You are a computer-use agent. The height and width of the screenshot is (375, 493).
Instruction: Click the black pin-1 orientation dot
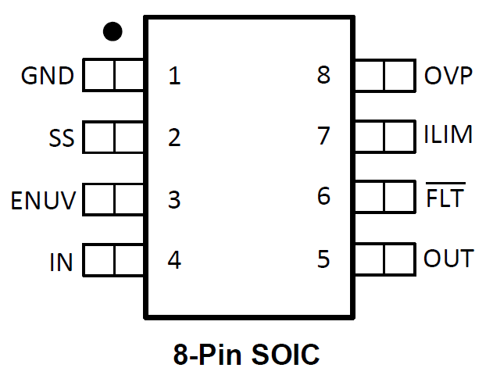tap(113, 31)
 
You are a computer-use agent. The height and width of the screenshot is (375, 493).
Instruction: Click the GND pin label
tap(48, 77)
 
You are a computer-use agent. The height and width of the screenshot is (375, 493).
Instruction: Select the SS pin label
tap(61, 139)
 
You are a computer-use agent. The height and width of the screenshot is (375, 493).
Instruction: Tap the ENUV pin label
tap(43, 201)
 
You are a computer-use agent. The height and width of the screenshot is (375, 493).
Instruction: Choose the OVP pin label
tap(448, 77)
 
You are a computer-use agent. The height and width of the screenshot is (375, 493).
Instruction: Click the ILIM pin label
tap(448, 135)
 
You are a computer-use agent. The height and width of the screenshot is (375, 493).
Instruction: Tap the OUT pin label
tap(448, 259)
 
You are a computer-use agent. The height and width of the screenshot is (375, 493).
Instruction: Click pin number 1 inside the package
tap(174, 77)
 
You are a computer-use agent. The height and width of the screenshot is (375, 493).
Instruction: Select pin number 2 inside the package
tap(174, 138)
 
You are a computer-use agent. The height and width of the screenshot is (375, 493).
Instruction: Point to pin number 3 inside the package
tap(174, 200)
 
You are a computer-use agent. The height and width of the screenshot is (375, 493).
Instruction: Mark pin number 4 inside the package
tap(174, 260)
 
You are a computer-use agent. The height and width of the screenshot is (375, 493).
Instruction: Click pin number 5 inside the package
tap(323, 259)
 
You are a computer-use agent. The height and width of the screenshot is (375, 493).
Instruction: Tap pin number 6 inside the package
tap(323, 196)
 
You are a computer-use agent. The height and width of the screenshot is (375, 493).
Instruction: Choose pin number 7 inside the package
tap(323, 136)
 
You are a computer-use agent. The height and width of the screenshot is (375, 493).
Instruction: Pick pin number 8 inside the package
tap(323, 77)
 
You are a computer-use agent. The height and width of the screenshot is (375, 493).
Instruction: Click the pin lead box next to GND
tap(114, 76)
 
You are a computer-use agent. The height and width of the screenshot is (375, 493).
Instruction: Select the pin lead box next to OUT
tap(384, 258)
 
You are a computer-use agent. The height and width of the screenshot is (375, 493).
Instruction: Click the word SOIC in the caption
tap(286, 355)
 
